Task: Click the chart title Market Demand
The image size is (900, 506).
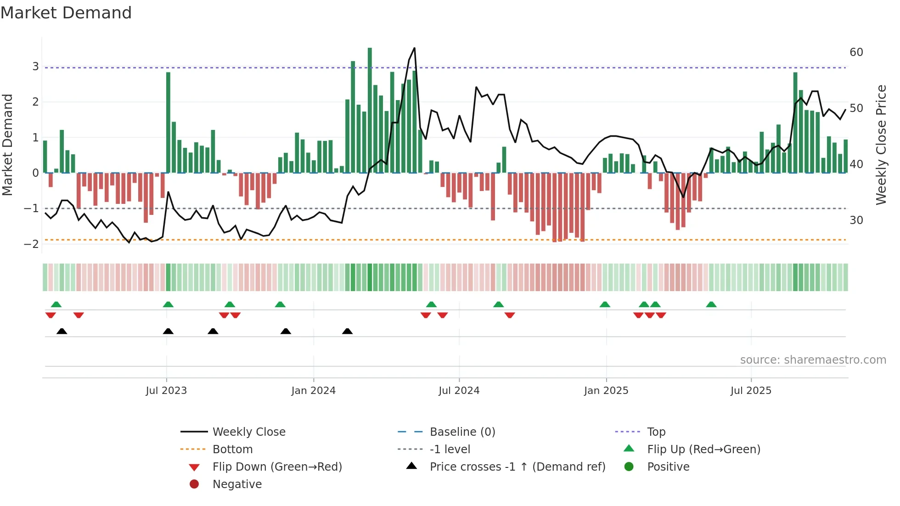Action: (x=66, y=13)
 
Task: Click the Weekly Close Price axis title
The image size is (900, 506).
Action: (x=881, y=145)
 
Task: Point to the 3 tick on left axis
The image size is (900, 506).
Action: (x=35, y=67)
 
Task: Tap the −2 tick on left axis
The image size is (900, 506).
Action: (x=32, y=244)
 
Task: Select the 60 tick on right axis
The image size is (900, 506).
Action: (x=856, y=52)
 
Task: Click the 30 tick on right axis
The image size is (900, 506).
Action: (x=856, y=220)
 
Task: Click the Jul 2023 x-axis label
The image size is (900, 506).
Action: (x=166, y=391)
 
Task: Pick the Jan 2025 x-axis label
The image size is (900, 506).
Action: (x=606, y=391)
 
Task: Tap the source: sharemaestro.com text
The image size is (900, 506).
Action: (x=813, y=360)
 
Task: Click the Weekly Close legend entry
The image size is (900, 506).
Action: (x=249, y=432)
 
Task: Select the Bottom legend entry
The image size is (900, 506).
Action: (x=232, y=450)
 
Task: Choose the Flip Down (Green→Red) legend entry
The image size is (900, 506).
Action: (x=277, y=467)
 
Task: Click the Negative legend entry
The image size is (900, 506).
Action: (x=237, y=484)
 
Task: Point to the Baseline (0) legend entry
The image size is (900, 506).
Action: (x=462, y=432)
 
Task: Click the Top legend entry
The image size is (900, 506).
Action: (x=656, y=432)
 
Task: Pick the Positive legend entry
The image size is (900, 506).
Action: (x=668, y=467)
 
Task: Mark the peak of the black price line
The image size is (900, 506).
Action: (x=415, y=48)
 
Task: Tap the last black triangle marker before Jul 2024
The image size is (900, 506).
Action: (x=348, y=331)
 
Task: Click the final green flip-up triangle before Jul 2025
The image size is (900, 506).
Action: (x=711, y=304)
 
